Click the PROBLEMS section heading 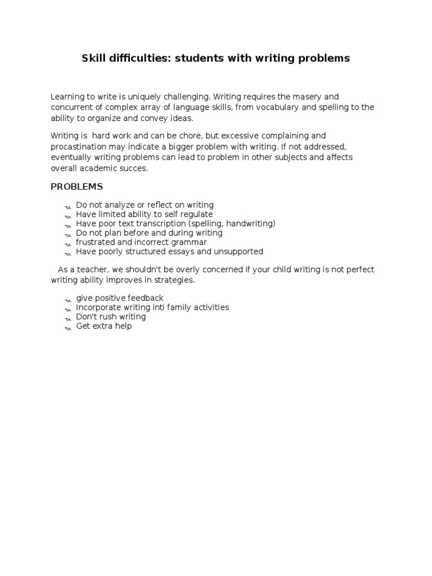coord(76,187)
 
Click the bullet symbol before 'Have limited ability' coord(67,215)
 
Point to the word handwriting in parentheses coord(250,224)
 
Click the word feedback coord(145,298)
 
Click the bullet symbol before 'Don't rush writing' coord(67,318)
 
